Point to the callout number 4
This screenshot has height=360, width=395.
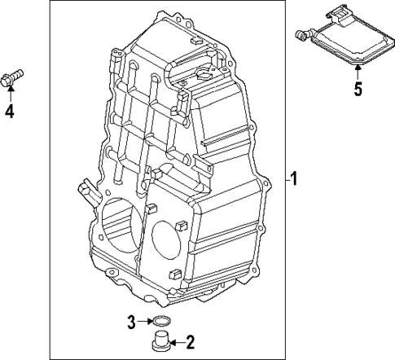[x=10, y=112]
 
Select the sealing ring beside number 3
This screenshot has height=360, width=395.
[x=162, y=318]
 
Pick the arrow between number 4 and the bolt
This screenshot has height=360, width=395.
[x=11, y=94]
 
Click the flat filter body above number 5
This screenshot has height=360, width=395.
[x=345, y=40]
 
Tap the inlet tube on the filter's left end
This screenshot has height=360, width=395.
[x=301, y=33]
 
